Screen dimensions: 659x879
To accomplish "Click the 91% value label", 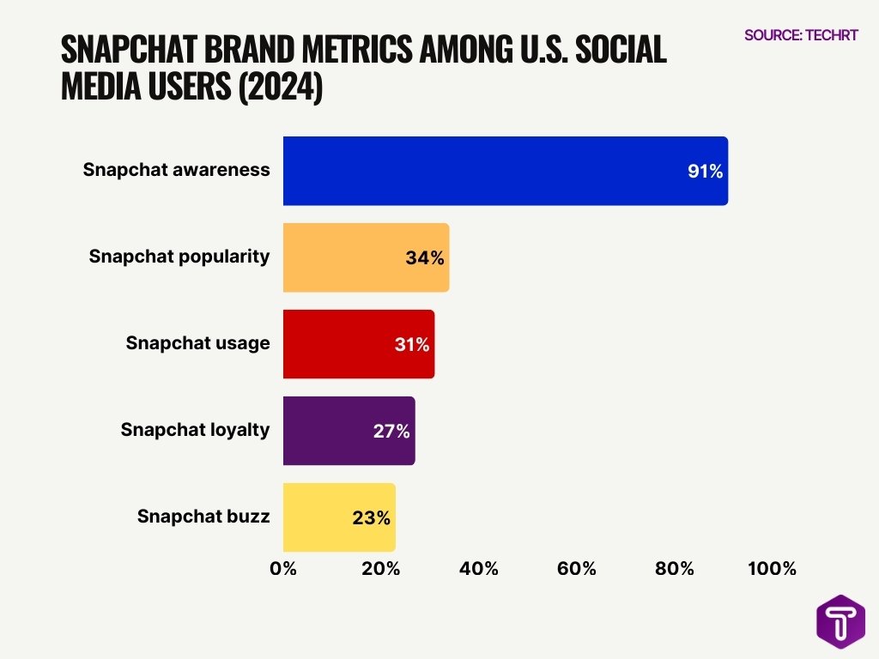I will tap(705, 172).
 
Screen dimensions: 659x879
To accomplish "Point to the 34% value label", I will tap(425, 258).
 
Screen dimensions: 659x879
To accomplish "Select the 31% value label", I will tap(410, 345).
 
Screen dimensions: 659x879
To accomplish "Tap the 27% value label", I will tap(391, 432).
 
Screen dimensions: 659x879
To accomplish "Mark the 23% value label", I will tap(371, 518).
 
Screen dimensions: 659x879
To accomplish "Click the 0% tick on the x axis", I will tap(283, 568).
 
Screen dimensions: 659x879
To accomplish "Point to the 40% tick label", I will tap(478, 568).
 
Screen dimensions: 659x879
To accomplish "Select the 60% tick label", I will tap(576, 568).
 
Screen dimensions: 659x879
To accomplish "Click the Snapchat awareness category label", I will tap(176, 170).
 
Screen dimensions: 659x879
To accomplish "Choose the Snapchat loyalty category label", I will tap(195, 430).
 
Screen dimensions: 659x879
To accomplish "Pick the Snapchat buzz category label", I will tap(203, 517).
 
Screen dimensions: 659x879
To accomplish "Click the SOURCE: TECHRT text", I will tap(801, 35).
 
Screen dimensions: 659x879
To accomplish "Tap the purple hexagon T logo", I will tap(840, 621).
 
